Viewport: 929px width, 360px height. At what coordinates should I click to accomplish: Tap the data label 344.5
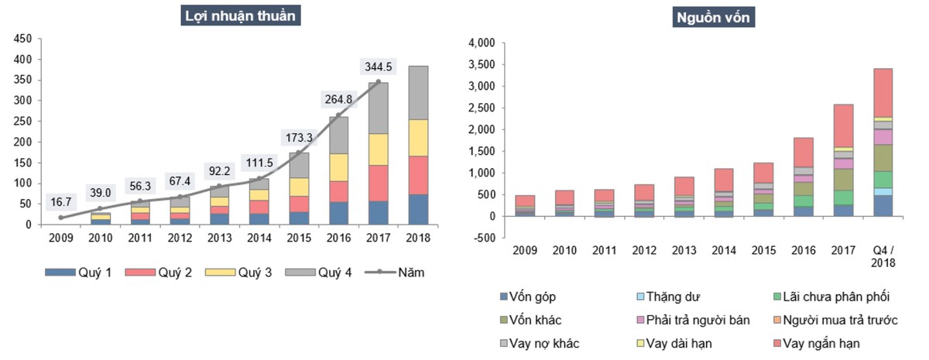[x=378, y=67]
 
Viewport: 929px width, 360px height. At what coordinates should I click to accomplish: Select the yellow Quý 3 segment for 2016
[x=338, y=166]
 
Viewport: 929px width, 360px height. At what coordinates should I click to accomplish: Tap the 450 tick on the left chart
[x=23, y=39]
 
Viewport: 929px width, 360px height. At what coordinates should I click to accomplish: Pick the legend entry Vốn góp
[x=533, y=297]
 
